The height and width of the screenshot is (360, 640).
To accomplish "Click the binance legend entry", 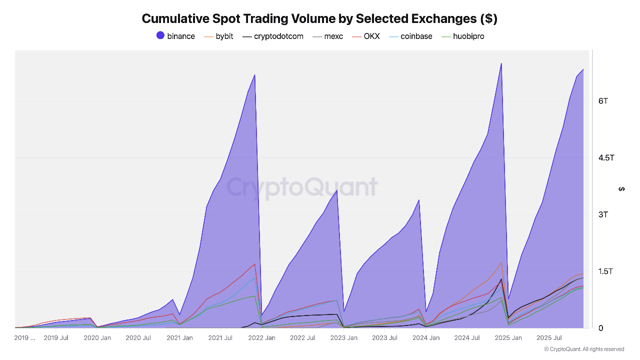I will [x=175, y=36].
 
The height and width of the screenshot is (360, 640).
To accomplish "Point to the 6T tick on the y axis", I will [x=603, y=101].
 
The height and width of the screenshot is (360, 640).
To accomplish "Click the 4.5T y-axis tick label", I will [x=606, y=158].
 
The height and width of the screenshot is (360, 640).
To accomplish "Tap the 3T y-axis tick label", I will [x=603, y=214].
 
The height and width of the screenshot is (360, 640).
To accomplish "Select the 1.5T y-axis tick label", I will [x=606, y=271].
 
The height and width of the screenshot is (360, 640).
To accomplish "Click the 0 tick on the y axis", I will [x=601, y=328].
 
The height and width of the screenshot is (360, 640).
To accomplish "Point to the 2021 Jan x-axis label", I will [x=179, y=338].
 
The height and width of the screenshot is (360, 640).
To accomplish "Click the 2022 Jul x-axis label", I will [x=303, y=338].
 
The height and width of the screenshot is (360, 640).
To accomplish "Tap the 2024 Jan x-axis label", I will [x=426, y=338].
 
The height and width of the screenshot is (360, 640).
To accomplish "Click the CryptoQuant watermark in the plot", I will [x=302, y=187].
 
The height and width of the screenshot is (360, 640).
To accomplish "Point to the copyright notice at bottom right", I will [x=583, y=349].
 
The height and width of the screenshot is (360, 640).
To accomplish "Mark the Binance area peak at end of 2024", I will [x=501, y=63].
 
